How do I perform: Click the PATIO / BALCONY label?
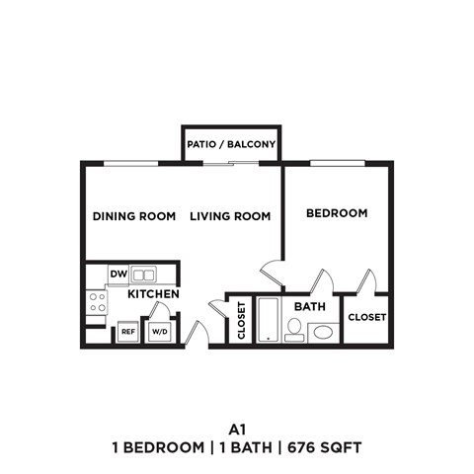click(232, 145)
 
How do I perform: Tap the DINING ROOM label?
click(134, 216)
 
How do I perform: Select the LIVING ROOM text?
click(230, 216)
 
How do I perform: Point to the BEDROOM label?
click(337, 213)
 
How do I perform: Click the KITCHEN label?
click(152, 294)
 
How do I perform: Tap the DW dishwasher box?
click(118, 275)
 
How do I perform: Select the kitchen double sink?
click(144, 275)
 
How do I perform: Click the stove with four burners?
click(97, 302)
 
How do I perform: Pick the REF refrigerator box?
click(128, 333)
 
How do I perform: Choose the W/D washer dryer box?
click(159, 333)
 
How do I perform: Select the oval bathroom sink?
click(322, 332)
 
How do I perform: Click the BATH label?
click(310, 307)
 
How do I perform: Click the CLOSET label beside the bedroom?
click(366, 318)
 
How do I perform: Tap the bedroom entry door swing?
click(272, 273)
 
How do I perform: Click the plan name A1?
click(236, 429)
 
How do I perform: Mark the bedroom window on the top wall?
click(338, 163)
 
